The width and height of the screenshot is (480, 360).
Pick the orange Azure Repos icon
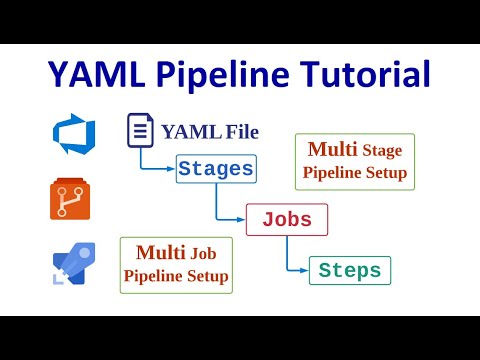[x=69, y=199]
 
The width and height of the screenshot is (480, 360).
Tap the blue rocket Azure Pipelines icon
[x=69, y=267]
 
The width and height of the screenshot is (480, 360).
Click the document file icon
[x=140, y=132]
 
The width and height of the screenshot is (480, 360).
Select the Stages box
[x=215, y=169]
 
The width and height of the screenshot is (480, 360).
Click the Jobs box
[x=287, y=220]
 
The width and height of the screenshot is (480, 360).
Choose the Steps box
[x=350, y=270]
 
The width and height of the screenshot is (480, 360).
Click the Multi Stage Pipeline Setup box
[x=355, y=160]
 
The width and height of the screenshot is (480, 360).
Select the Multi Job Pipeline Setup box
[x=176, y=265]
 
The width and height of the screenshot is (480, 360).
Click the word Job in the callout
[x=203, y=254]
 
